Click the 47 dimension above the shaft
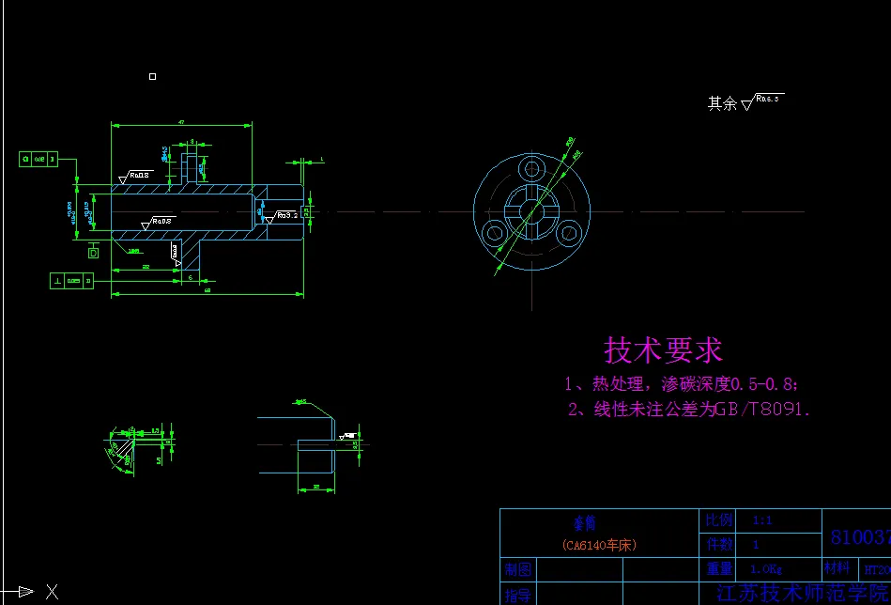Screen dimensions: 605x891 coord(180,121)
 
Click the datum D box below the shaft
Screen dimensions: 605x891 coord(93,252)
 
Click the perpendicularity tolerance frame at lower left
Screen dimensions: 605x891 coord(72,280)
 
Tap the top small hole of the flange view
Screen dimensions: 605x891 coord(532,169)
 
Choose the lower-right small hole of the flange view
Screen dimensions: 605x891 coord(568,232)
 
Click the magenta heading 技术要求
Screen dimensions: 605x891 coord(663,350)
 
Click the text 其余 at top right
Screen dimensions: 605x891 coord(722,103)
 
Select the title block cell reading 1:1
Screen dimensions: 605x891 coord(762,520)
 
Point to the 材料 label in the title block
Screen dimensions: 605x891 coord(837,568)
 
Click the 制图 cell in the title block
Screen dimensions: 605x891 coord(517,569)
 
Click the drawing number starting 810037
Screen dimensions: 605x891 coord(859,537)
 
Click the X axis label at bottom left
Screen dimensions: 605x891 coord(52,592)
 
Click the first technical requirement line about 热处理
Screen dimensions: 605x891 coord(682,384)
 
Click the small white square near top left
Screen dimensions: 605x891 coord(153,76)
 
